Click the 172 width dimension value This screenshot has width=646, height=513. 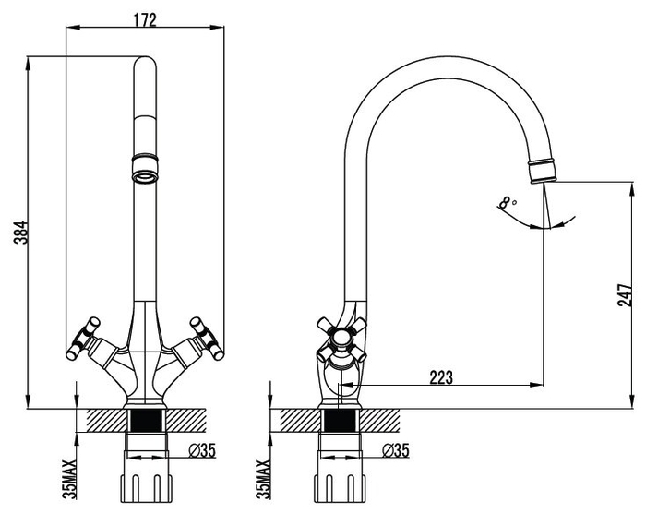[145, 19]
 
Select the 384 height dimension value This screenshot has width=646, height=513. [20, 233]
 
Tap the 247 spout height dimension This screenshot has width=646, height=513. [625, 294]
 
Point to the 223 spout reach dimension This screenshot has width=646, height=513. [441, 377]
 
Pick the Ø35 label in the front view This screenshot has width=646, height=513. [202, 450]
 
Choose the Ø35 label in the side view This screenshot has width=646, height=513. [396, 450]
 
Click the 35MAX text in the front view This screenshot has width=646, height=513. [70, 479]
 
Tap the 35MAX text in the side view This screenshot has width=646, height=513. [264, 479]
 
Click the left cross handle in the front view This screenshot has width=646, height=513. [84, 338]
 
